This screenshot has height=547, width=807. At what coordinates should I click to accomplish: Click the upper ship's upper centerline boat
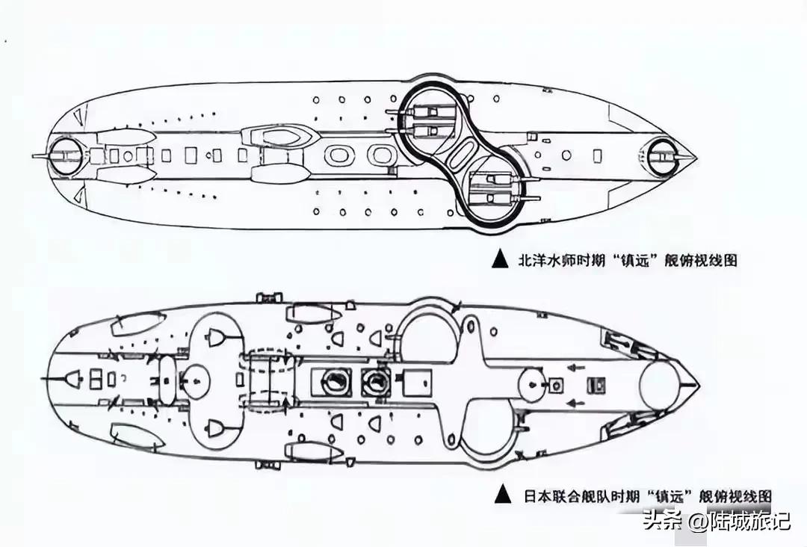coord(279,135)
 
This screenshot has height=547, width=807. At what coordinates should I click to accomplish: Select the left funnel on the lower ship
coord(331,383)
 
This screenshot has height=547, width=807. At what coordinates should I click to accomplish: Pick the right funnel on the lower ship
coord(371,383)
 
